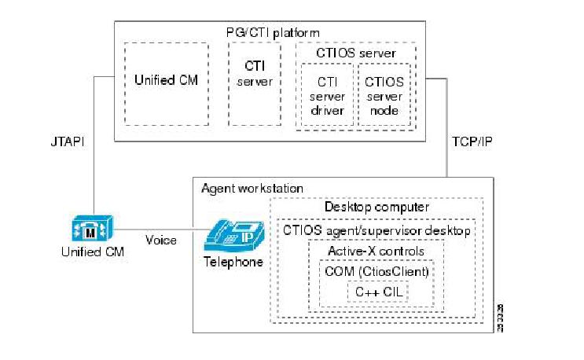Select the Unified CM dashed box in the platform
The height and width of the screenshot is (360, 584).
coord(166,83)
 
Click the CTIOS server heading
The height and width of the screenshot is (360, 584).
coord(355,53)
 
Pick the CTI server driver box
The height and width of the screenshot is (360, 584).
coord(326,96)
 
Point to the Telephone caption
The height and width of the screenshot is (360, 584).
coord(233,263)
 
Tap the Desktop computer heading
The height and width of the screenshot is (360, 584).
coord(376,207)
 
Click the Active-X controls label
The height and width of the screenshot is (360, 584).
coord(376,252)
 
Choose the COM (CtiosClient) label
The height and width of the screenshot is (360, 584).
coord(377,271)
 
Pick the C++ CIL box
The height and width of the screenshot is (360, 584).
coord(377,292)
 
